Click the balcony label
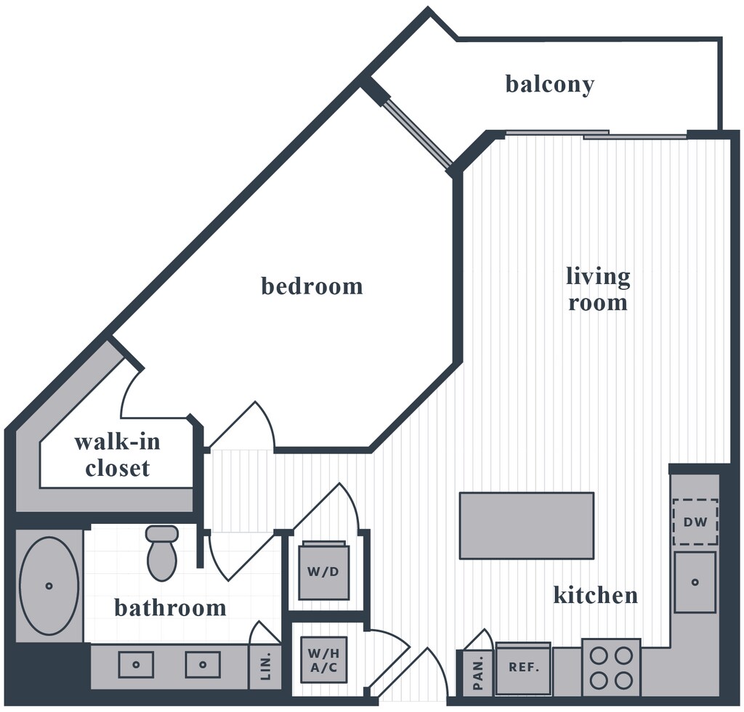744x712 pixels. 549,85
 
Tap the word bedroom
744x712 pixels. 312,286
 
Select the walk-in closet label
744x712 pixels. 117,455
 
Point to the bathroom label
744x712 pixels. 170,607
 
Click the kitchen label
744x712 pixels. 596,595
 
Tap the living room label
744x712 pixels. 598,289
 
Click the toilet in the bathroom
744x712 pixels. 162,553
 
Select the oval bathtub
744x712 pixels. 49,586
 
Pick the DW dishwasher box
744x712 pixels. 695,522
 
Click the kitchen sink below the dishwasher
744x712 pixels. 695,581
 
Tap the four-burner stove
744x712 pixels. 611,668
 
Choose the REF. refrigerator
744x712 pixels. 523,668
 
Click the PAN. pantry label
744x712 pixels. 478,673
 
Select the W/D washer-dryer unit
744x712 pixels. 323,571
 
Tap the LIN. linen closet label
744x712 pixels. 266,666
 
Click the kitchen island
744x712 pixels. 527,525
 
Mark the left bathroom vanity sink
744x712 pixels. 136,665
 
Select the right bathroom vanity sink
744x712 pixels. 203,665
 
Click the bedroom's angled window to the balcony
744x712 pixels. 418,134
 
